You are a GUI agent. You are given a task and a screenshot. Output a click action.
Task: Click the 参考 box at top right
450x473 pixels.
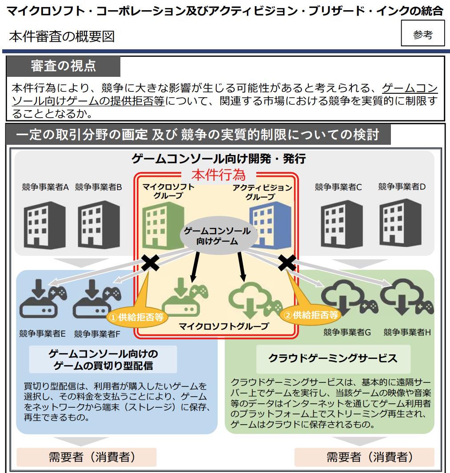(x=422, y=33)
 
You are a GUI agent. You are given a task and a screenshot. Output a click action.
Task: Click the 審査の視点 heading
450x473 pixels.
(x=63, y=66)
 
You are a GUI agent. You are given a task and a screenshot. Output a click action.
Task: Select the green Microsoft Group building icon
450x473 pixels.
(x=163, y=226)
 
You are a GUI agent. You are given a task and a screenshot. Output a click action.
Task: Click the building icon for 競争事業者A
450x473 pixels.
(x=44, y=225)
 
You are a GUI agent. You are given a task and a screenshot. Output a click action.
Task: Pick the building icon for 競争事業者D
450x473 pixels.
(x=400, y=223)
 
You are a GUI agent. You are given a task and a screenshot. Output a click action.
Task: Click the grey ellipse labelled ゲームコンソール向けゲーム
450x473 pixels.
(x=217, y=236)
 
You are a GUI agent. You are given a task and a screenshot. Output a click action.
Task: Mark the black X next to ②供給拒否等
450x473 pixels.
(x=287, y=263)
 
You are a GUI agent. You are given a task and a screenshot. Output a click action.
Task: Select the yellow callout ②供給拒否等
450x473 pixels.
(x=311, y=315)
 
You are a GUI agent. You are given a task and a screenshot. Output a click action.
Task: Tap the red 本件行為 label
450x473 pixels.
(x=219, y=175)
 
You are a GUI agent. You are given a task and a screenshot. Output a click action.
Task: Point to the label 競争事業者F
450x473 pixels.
(x=97, y=334)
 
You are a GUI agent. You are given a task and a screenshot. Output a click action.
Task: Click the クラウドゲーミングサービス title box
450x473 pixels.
(x=333, y=359)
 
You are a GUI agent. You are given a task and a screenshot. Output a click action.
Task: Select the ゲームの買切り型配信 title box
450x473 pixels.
(x=103, y=360)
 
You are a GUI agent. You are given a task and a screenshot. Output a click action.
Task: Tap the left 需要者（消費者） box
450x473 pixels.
(x=86, y=457)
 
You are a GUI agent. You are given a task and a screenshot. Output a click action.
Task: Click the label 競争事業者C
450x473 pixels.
(x=338, y=187)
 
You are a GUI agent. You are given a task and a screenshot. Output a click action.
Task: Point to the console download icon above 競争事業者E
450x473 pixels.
(x=43, y=298)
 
